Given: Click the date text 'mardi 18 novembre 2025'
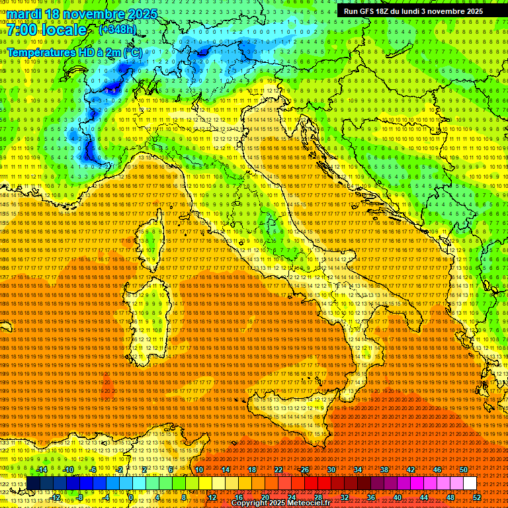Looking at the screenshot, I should click(82, 14).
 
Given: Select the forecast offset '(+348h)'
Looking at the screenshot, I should click(118, 30).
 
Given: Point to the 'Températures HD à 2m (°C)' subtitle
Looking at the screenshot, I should click(74, 52).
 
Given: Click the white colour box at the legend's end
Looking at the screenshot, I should click(470, 484).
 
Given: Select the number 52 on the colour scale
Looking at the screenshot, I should click(477, 497).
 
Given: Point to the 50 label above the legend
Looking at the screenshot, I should click(464, 470).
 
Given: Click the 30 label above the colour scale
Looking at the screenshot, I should click(331, 470).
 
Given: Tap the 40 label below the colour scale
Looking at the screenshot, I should click(398, 497).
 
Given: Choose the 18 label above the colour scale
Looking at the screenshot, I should click(252, 470).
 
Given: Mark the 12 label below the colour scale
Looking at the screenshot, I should click(212, 497).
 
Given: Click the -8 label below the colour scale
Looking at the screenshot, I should click(79, 497).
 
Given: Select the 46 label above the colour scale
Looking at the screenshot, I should click(437, 470).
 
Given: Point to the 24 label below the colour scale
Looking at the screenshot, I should click(292, 497).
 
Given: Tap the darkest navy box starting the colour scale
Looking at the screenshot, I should click(33, 484).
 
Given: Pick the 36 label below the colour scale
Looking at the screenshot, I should click(371, 497).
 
